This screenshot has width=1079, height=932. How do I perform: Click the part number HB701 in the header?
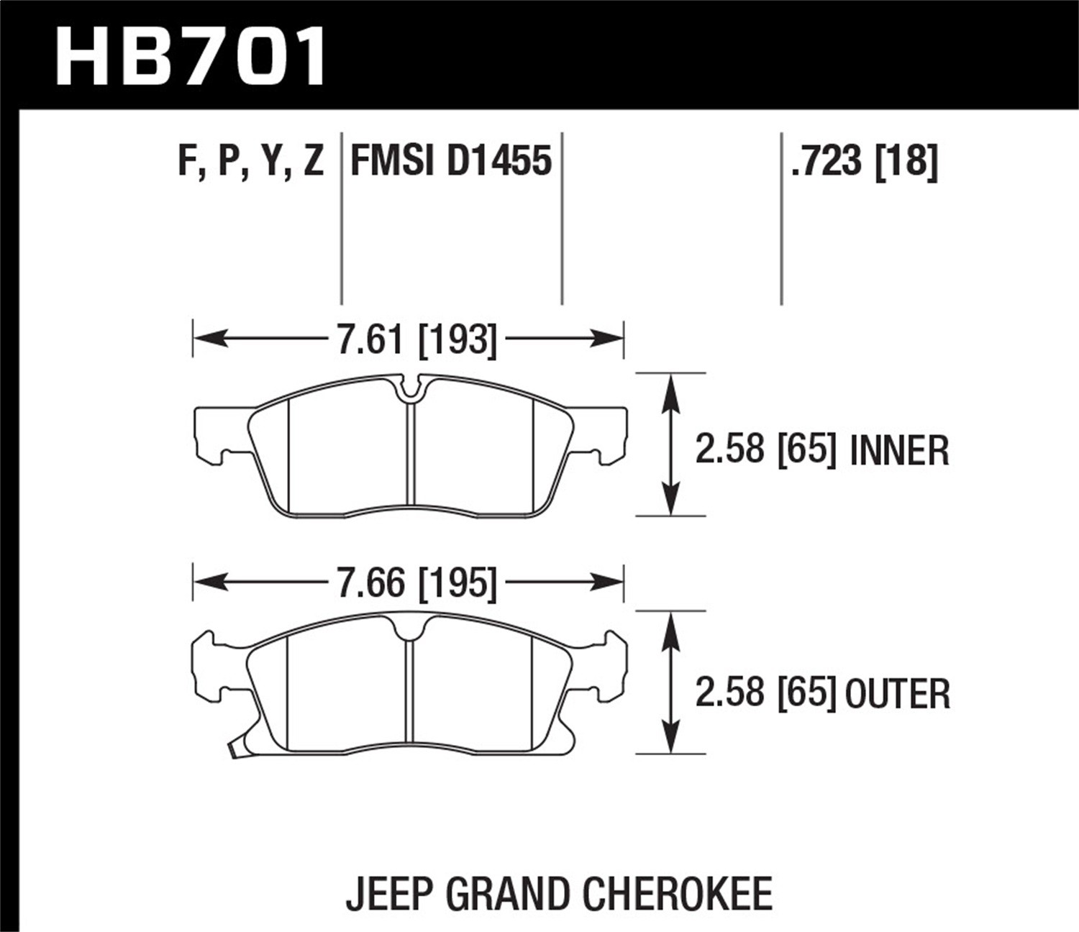click(191, 56)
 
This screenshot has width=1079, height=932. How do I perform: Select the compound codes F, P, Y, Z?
click(250, 160)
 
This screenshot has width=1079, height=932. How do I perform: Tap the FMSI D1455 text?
click(450, 160)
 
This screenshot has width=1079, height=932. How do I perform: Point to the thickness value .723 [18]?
click(863, 160)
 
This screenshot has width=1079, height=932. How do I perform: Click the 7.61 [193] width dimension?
click(416, 338)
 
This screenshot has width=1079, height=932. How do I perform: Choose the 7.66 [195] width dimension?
click(416, 582)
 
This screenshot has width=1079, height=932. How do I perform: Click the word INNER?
click(899, 451)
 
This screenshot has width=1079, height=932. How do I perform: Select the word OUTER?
click(897, 694)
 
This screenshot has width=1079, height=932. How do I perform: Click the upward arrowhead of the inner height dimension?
click(670, 388)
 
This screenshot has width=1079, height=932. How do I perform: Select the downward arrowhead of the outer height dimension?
click(670, 739)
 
